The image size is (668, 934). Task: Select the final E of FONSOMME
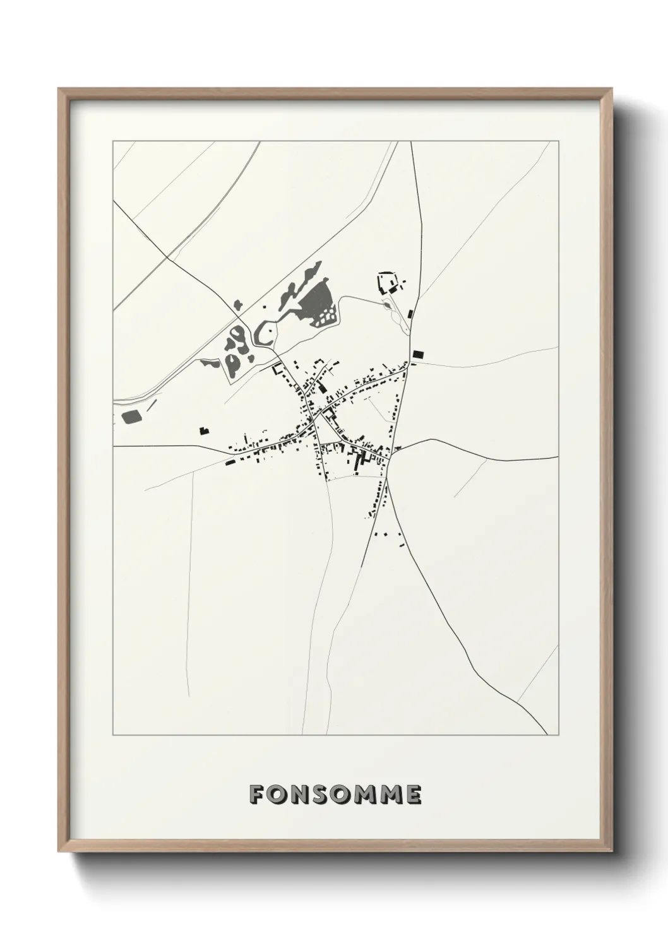pyautogui.click(x=412, y=795)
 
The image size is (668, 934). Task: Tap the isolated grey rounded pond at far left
pyautogui.click(x=131, y=416)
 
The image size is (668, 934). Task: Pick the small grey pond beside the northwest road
pyautogui.click(x=237, y=304)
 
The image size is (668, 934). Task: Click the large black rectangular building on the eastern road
pyautogui.click(x=417, y=355)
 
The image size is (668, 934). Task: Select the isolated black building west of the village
pyautogui.click(x=203, y=431)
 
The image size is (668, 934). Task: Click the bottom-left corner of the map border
pyautogui.click(x=113, y=735)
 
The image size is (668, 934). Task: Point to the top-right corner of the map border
pyautogui.click(x=558, y=141)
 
